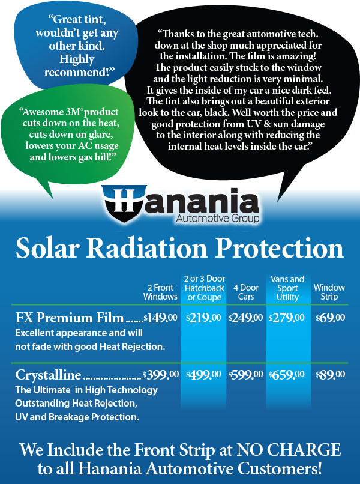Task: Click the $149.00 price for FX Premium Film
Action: [x=160, y=318]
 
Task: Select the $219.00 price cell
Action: [x=203, y=318]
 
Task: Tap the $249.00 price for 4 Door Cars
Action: [x=246, y=318]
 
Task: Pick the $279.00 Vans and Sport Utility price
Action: [x=287, y=318]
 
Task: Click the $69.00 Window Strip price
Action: [x=331, y=318]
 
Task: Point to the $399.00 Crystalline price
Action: [x=161, y=375]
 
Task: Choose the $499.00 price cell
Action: [x=203, y=375]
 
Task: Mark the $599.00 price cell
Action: [x=246, y=375]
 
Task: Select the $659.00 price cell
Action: [x=287, y=375]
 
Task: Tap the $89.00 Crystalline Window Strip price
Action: [x=331, y=375]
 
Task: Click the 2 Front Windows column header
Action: [x=160, y=292]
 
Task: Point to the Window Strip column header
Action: [x=329, y=292]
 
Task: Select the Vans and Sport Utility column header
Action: [x=287, y=288]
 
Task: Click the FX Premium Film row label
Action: [x=70, y=318]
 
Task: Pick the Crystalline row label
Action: [x=48, y=375]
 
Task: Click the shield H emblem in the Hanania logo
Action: [x=124, y=203]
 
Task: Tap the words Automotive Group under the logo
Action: [x=218, y=219]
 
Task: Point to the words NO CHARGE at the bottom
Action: [x=289, y=450]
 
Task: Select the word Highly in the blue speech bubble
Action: [x=77, y=59]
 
